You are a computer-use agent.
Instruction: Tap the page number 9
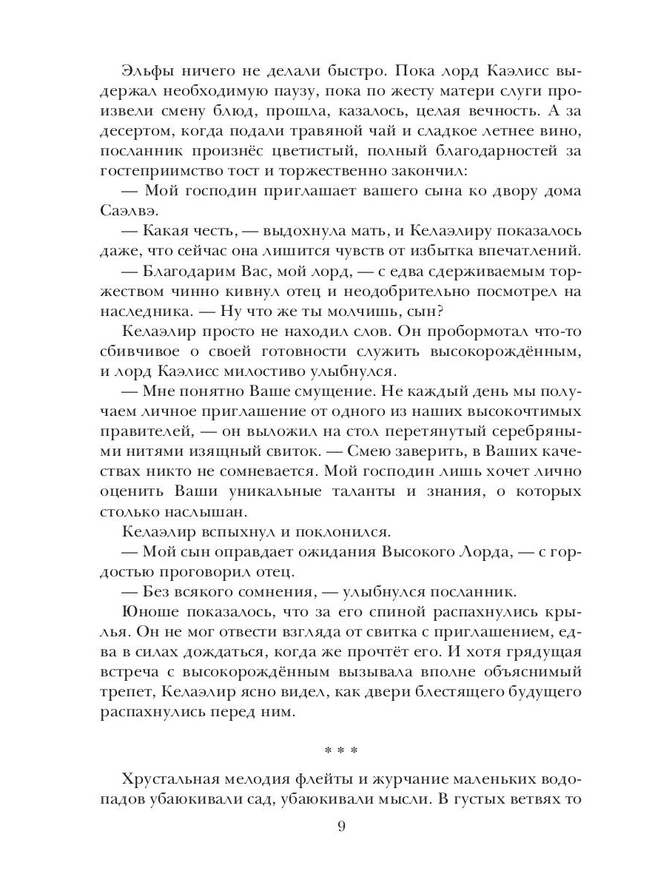tap(341, 827)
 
